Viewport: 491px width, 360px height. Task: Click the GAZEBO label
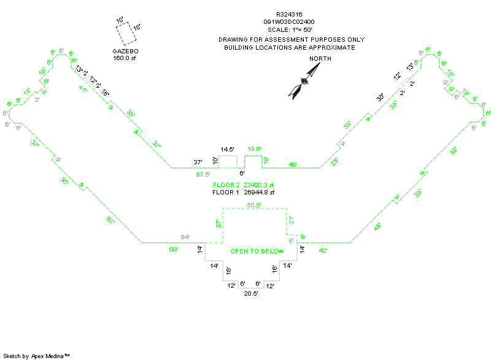click(x=126, y=51)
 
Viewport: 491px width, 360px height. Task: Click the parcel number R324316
click(x=289, y=14)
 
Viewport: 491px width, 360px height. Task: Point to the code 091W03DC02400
click(x=289, y=21)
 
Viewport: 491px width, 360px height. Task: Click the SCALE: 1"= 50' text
click(x=289, y=29)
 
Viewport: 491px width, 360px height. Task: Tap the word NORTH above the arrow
click(x=320, y=58)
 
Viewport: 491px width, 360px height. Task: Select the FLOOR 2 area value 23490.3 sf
click(x=258, y=185)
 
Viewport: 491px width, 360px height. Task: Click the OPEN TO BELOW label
click(x=257, y=251)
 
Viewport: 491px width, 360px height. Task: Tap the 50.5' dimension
click(x=255, y=205)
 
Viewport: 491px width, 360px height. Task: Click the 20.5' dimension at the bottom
click(x=251, y=294)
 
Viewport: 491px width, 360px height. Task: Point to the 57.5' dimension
click(x=204, y=175)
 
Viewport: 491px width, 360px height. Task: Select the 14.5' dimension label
click(x=228, y=149)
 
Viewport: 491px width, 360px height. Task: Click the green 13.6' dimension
click(x=255, y=149)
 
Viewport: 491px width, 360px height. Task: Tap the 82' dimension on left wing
click(x=110, y=221)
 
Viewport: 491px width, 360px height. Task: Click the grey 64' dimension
click(x=185, y=237)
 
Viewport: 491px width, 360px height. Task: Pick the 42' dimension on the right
click(x=324, y=250)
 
